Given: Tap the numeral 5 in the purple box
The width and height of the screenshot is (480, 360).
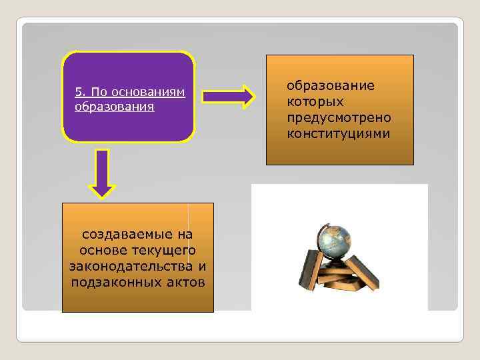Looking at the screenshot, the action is (78, 92).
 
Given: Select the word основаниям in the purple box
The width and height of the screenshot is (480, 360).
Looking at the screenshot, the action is (151, 92).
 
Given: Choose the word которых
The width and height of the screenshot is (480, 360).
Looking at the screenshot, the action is (315, 101).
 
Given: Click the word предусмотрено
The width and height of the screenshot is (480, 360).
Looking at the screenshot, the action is (339, 117).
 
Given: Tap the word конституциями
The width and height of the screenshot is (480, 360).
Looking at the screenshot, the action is (338, 133).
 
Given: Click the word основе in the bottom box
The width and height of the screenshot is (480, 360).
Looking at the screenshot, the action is (101, 251).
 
